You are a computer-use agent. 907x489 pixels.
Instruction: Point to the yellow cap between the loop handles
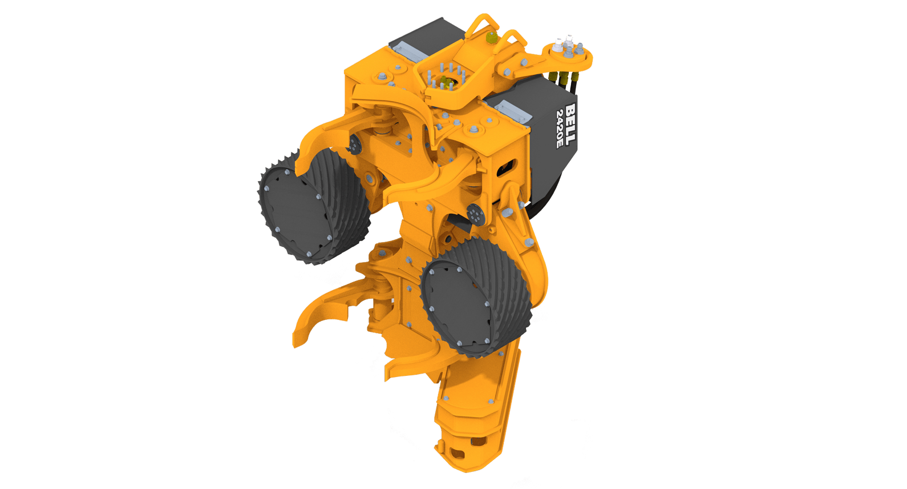[491, 38]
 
